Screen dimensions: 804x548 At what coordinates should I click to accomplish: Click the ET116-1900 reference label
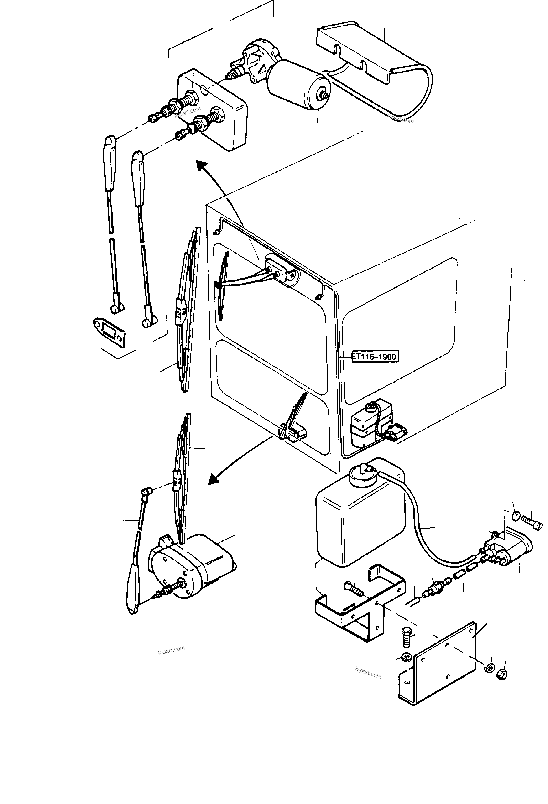coord(375,357)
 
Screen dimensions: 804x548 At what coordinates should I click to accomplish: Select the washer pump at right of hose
coord(509,550)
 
